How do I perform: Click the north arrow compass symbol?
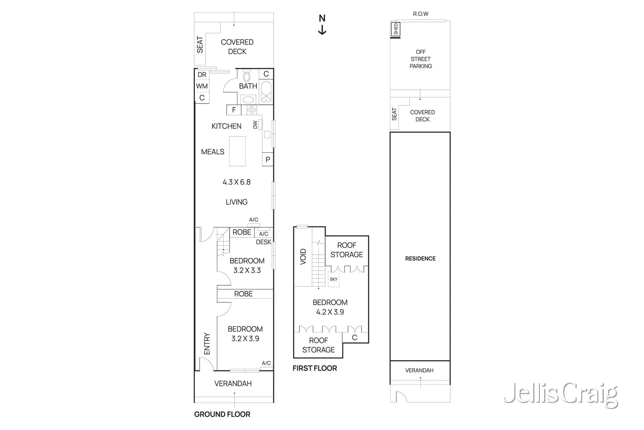coord(322,25)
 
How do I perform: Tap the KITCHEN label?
coord(226,126)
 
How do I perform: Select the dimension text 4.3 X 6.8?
coord(237,182)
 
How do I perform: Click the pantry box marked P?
coord(268,160)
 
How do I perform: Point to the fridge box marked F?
coord(234,110)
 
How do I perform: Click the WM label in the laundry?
coord(202,86)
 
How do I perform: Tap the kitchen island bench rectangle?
coord(237,151)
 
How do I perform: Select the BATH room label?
coord(248,86)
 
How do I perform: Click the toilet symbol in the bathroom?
coord(247,77)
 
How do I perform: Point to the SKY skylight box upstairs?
coord(334,279)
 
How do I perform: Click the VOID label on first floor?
coord(303,257)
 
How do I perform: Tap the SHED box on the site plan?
coord(396,29)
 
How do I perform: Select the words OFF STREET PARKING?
coord(421,59)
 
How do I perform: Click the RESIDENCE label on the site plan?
coord(420,258)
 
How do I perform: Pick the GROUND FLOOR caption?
coord(222,414)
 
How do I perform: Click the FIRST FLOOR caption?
coord(315,368)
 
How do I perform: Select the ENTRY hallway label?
coord(207,343)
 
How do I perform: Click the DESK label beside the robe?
coord(264,242)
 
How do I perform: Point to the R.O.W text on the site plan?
coord(421,14)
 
